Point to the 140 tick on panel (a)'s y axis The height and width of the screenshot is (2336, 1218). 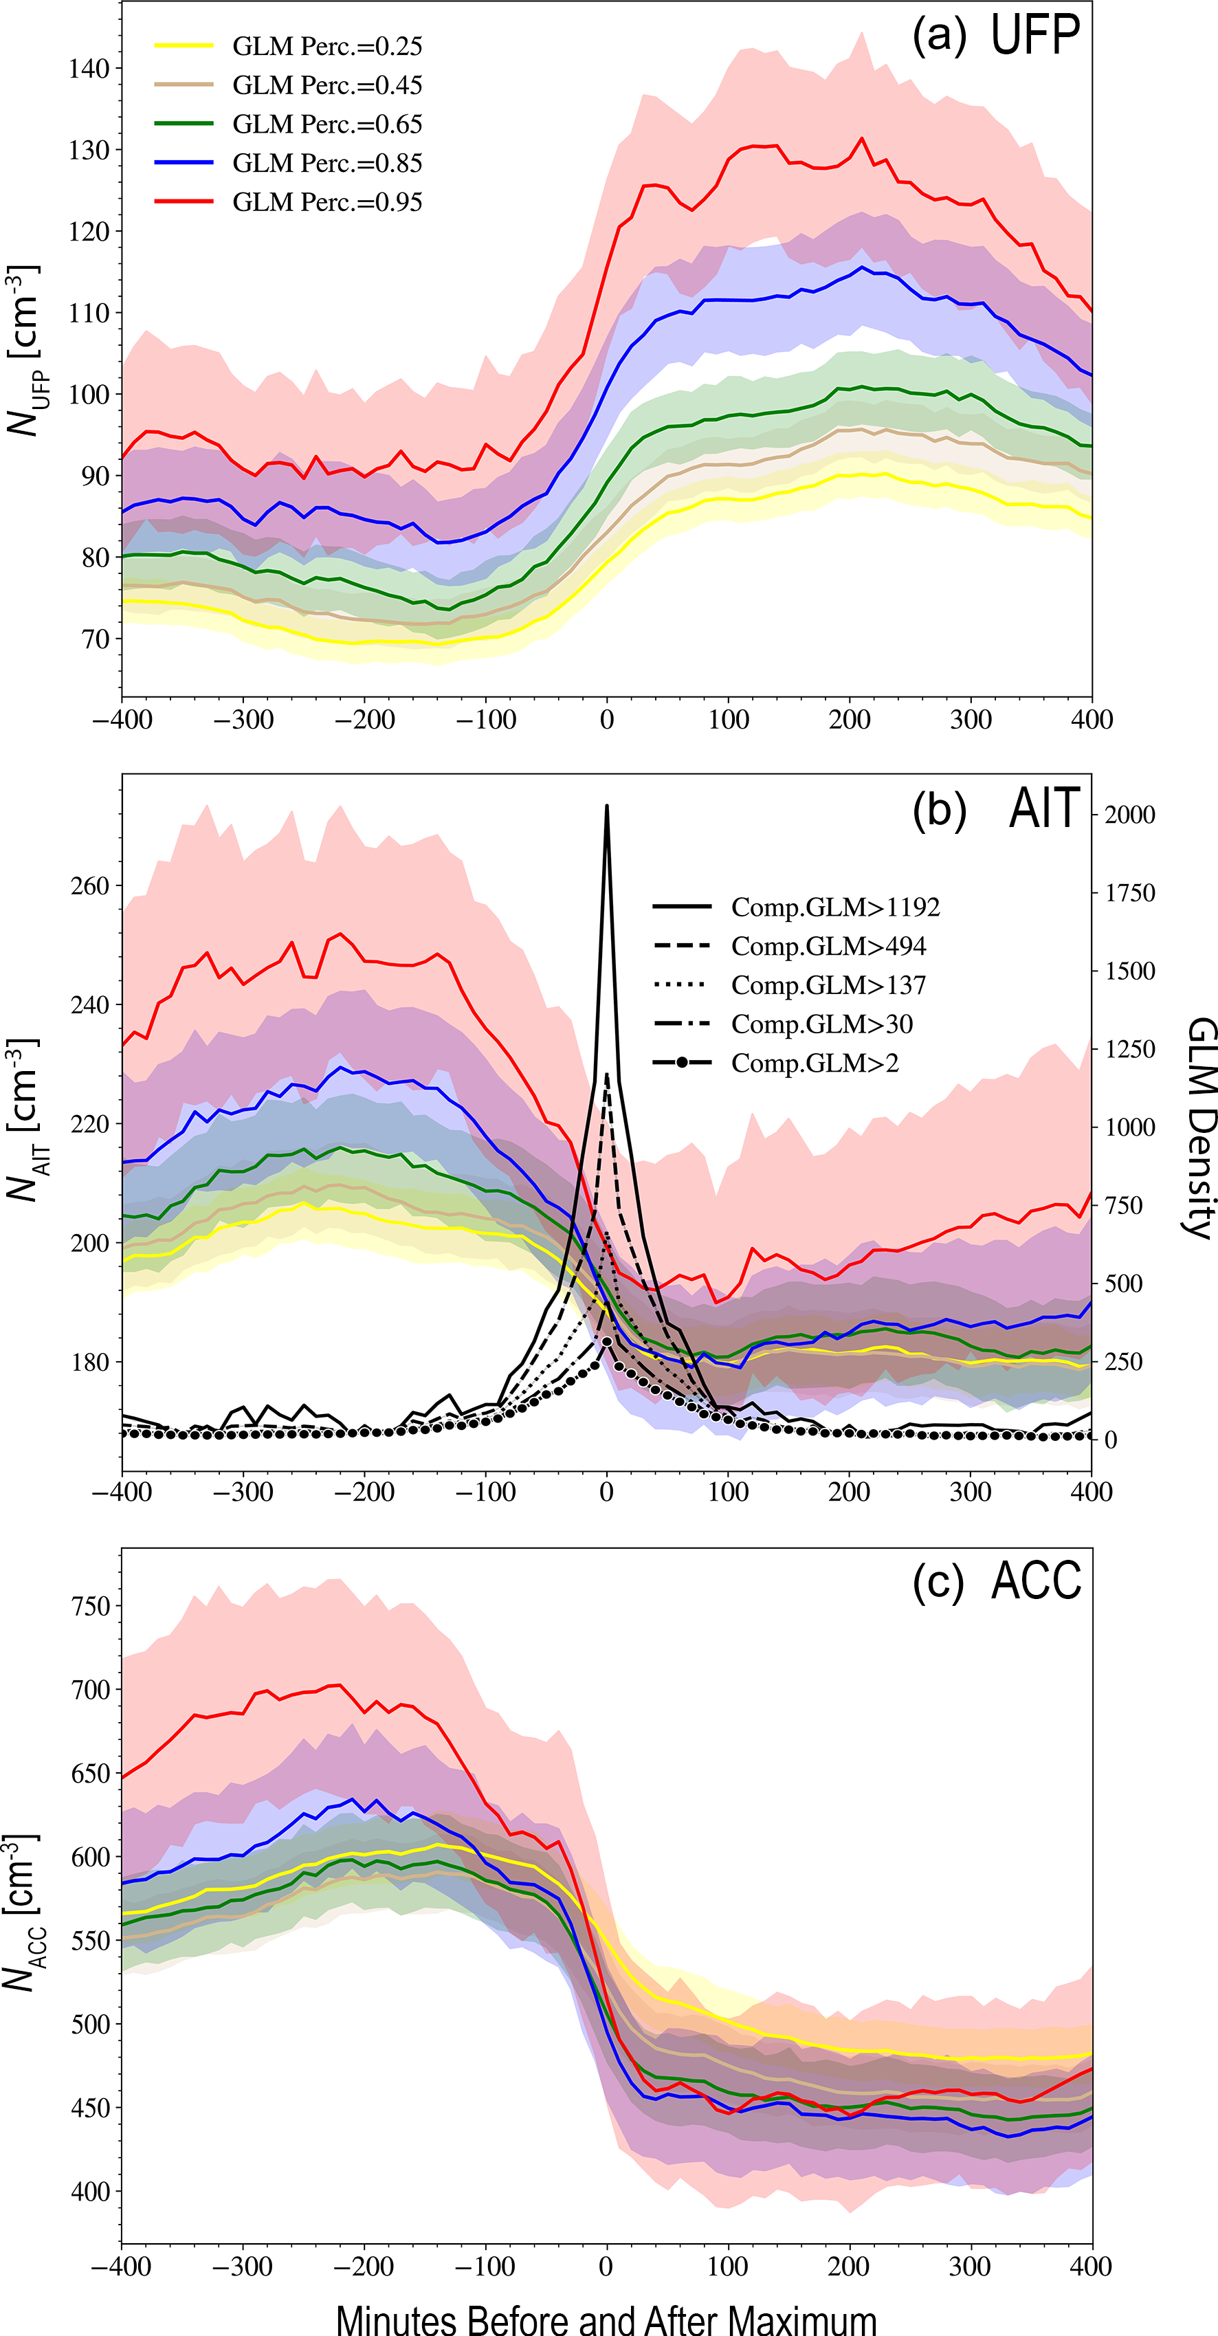click(x=89, y=69)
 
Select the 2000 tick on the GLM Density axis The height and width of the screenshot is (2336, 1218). click(x=1130, y=815)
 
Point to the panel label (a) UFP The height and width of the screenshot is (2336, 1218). click(x=996, y=36)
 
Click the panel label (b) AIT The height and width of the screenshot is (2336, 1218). click(x=996, y=809)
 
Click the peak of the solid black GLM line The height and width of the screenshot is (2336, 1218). click(x=607, y=805)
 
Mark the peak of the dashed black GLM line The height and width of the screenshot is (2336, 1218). click(x=607, y=1074)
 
